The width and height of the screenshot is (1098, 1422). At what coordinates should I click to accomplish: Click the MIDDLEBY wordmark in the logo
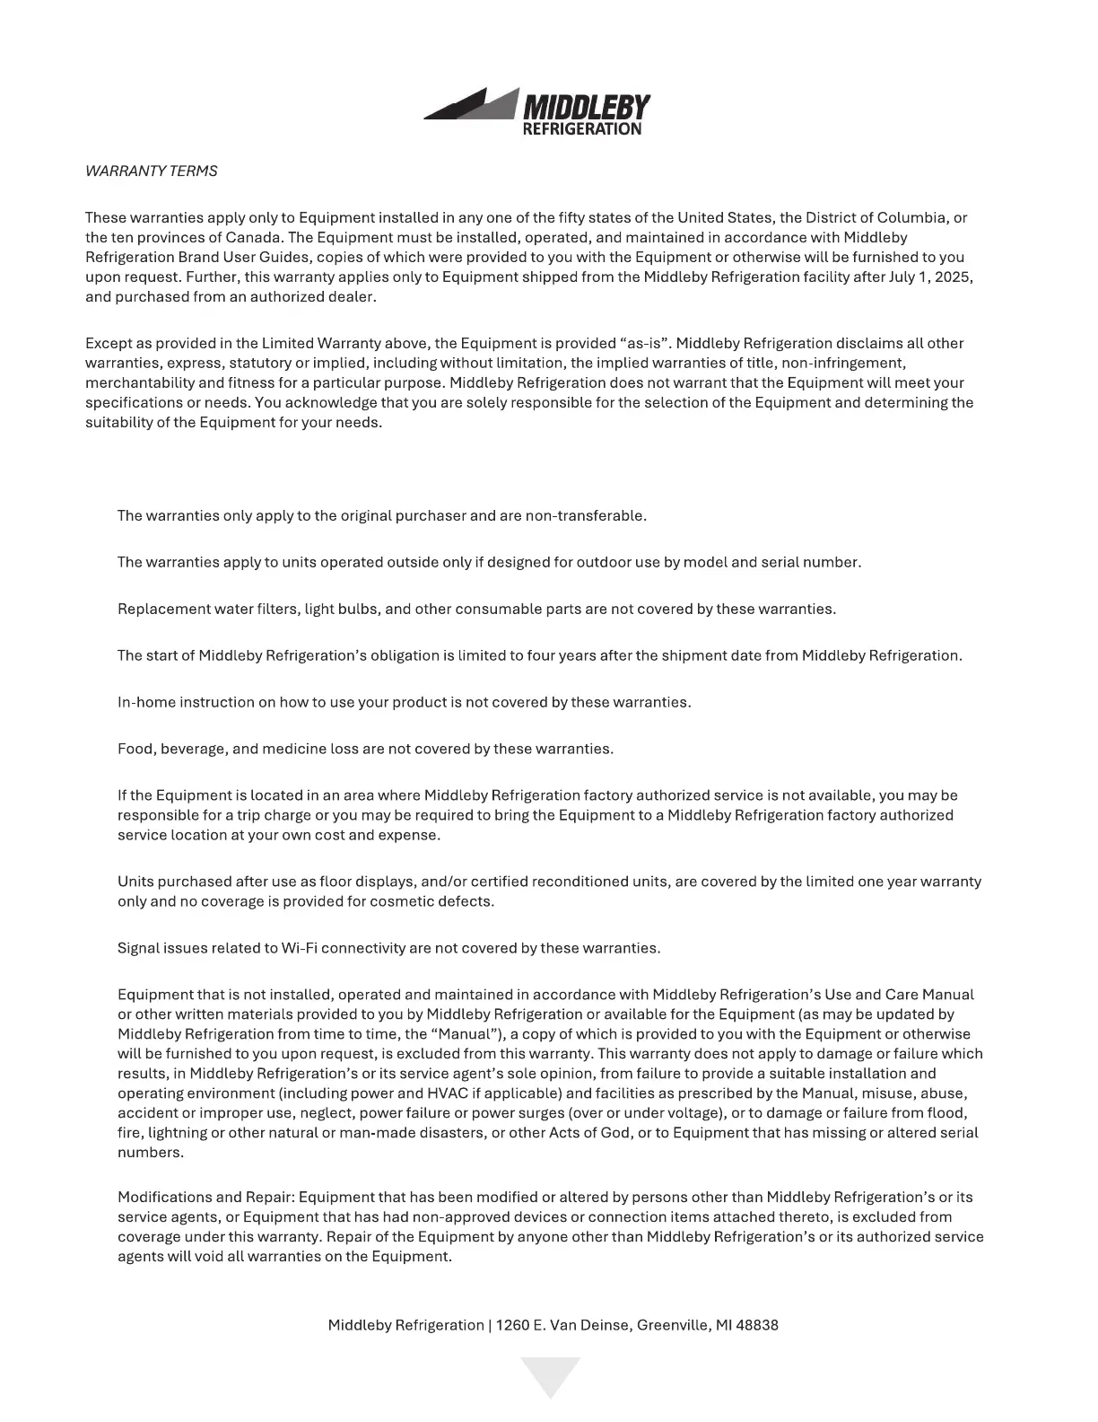point(586,107)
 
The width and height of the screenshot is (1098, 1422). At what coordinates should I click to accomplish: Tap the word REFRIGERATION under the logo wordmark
point(581,129)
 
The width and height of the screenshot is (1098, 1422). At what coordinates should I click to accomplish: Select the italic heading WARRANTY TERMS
point(151,171)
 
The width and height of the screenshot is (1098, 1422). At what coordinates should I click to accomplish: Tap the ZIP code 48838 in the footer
point(756,1325)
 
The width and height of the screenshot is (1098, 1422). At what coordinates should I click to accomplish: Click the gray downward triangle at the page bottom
point(550,1374)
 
